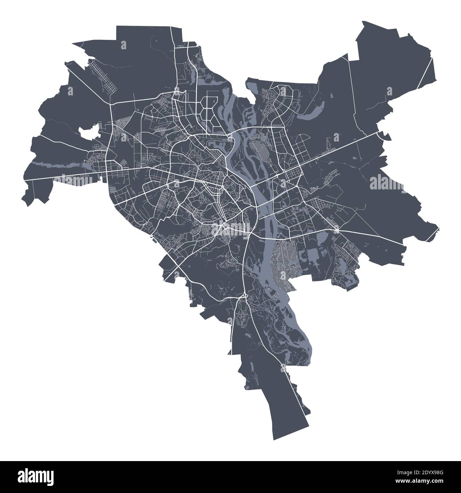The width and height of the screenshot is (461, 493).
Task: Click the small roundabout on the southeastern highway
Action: click(337, 231)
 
